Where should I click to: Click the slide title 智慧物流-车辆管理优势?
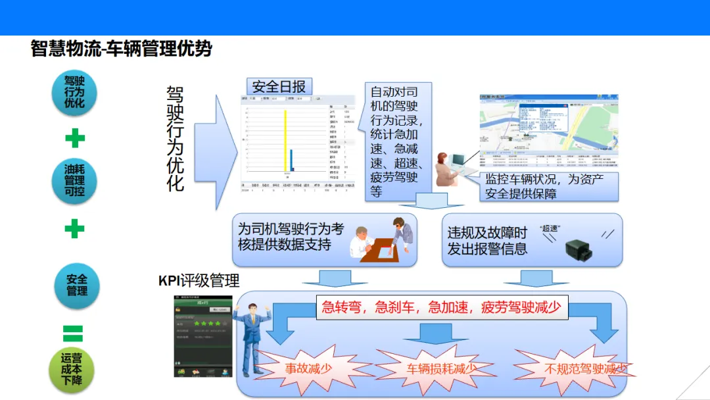[x=122, y=49]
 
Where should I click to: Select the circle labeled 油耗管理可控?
[x=74, y=180]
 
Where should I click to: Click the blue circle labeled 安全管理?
[x=76, y=284]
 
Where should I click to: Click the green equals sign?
[x=73, y=333]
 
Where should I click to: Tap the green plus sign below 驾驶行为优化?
[x=75, y=139]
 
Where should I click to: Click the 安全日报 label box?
[x=279, y=87]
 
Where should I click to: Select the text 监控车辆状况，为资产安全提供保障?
[x=542, y=187]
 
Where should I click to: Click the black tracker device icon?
[x=579, y=248]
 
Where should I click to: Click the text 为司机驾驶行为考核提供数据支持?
[x=291, y=237]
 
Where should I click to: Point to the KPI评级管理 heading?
[x=199, y=281]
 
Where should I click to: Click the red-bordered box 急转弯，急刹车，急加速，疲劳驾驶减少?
[x=442, y=307]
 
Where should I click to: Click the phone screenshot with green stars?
[x=202, y=336]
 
